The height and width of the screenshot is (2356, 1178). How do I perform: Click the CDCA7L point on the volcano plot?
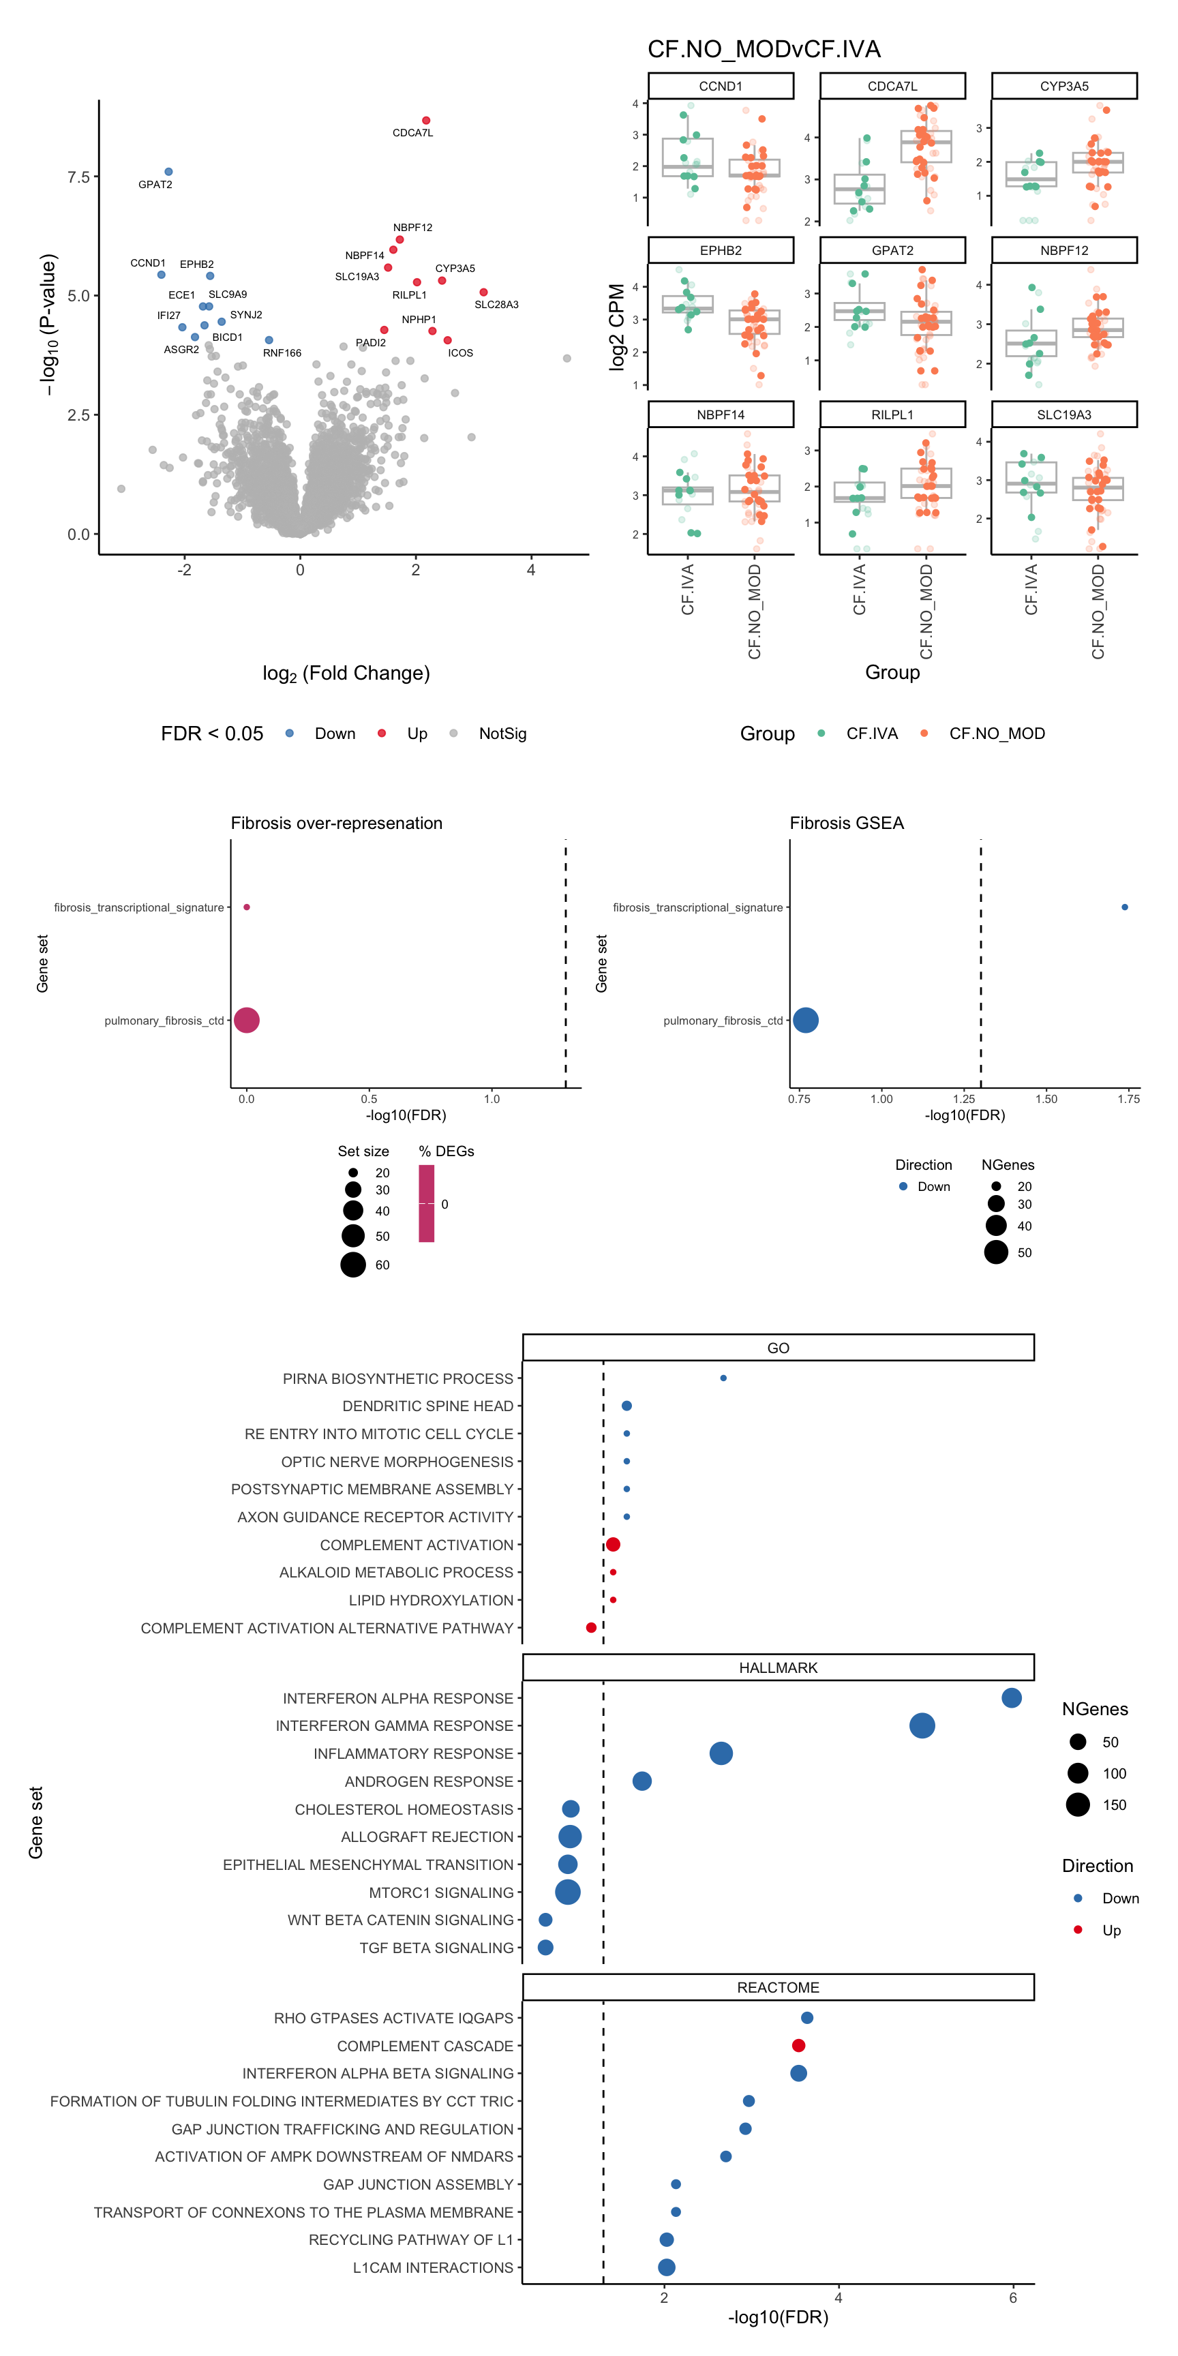[426, 121]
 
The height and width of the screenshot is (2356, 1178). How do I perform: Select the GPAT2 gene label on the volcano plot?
[155, 185]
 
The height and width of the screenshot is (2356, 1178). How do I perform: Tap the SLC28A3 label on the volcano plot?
[496, 305]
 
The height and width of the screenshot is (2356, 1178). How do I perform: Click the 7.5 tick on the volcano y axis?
[78, 177]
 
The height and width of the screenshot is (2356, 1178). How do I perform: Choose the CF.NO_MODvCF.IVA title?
[764, 49]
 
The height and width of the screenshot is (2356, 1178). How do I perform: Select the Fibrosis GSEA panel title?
[846, 823]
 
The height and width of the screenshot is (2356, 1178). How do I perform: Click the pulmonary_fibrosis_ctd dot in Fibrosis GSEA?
[806, 1020]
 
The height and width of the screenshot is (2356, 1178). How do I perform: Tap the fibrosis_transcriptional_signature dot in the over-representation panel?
[247, 907]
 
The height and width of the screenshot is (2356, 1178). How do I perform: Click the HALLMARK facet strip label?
[779, 1667]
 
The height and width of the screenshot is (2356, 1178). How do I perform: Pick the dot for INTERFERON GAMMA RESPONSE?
[922, 1726]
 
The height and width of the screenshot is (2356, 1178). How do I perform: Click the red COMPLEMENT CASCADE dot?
[798, 2046]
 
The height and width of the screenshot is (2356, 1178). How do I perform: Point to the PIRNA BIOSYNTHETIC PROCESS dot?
[723, 1378]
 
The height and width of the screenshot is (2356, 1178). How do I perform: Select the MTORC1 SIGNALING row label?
[441, 1892]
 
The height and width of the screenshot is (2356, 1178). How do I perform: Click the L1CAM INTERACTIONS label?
[433, 2267]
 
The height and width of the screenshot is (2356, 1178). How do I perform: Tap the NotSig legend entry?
[502, 734]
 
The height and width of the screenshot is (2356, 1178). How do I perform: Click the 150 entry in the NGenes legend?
[1114, 1804]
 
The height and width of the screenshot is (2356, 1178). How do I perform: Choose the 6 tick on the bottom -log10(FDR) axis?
[1012, 2297]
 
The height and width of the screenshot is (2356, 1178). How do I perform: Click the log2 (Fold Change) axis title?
[346, 673]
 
